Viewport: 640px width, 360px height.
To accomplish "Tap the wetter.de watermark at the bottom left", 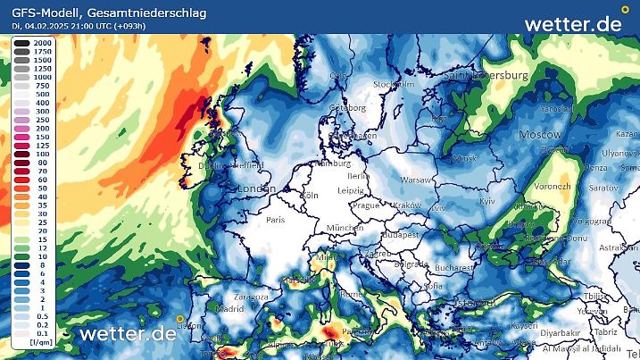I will (128, 334).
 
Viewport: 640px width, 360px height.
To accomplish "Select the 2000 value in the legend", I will (41, 43).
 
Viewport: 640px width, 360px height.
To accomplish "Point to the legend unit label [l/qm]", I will (40, 343).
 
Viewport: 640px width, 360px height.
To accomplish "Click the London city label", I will (258, 189).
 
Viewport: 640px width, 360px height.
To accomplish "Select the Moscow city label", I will (541, 133).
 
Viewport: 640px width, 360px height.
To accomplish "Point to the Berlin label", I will (358, 176).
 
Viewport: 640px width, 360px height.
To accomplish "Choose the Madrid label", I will (229, 308).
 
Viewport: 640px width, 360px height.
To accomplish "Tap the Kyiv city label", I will (487, 202).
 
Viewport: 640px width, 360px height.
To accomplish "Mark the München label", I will (344, 229).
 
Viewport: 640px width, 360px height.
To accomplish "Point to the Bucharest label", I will (455, 266).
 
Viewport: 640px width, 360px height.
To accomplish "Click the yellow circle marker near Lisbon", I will (180, 318).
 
